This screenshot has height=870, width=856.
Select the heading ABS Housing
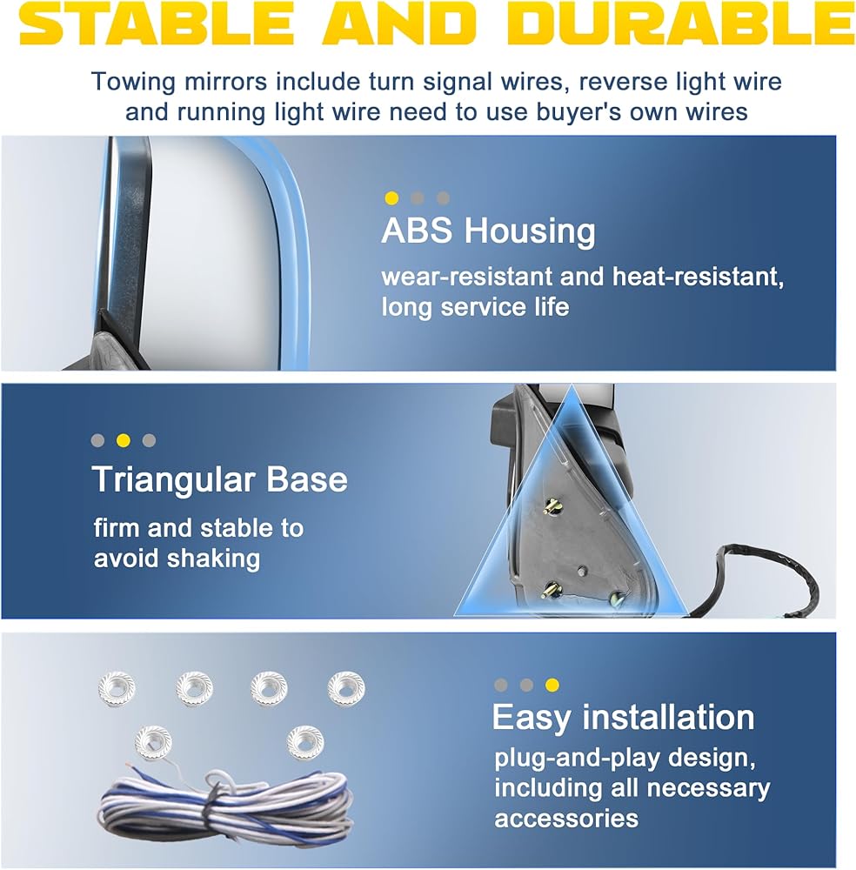(488, 231)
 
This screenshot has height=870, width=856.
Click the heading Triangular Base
(220, 479)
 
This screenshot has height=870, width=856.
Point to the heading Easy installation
(623, 718)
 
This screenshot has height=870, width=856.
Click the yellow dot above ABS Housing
(391, 198)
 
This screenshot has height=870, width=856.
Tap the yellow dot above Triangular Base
(124, 440)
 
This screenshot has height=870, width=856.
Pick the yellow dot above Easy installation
(552, 685)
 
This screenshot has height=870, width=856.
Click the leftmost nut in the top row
(117, 688)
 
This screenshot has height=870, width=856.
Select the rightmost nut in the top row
(345, 688)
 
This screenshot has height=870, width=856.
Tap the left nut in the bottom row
(154, 741)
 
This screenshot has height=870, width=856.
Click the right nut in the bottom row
(304, 742)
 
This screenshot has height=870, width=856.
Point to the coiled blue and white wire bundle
(226, 806)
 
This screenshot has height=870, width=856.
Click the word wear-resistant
(468, 277)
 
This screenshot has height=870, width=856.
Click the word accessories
(566, 819)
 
